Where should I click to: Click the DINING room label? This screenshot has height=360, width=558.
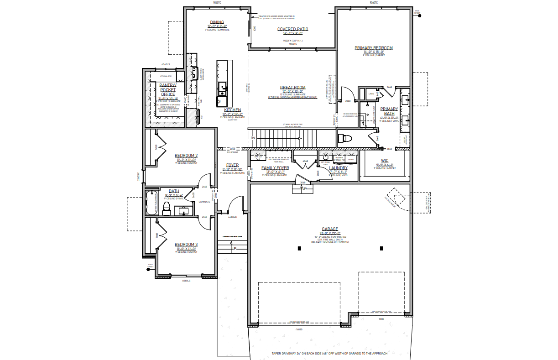217,22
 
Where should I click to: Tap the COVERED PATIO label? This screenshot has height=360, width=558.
292,29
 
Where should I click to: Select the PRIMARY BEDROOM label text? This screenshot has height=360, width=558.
374,48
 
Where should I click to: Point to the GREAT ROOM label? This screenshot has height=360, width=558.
292,87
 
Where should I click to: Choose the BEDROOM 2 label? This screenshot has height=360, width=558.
186,156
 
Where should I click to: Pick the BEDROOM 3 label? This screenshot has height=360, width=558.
186,245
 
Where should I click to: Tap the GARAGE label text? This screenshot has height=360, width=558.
330,229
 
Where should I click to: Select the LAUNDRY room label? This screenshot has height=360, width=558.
338,168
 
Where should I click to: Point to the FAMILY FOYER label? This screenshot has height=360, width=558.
275,168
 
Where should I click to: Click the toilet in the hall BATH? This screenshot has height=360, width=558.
167,209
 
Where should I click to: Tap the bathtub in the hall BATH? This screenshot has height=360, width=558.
151,203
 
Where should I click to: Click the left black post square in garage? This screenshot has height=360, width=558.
299,248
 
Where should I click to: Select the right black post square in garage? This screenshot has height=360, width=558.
381,248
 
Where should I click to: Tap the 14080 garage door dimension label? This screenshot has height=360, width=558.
299,329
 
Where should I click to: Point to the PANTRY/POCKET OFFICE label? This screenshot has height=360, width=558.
167,90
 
